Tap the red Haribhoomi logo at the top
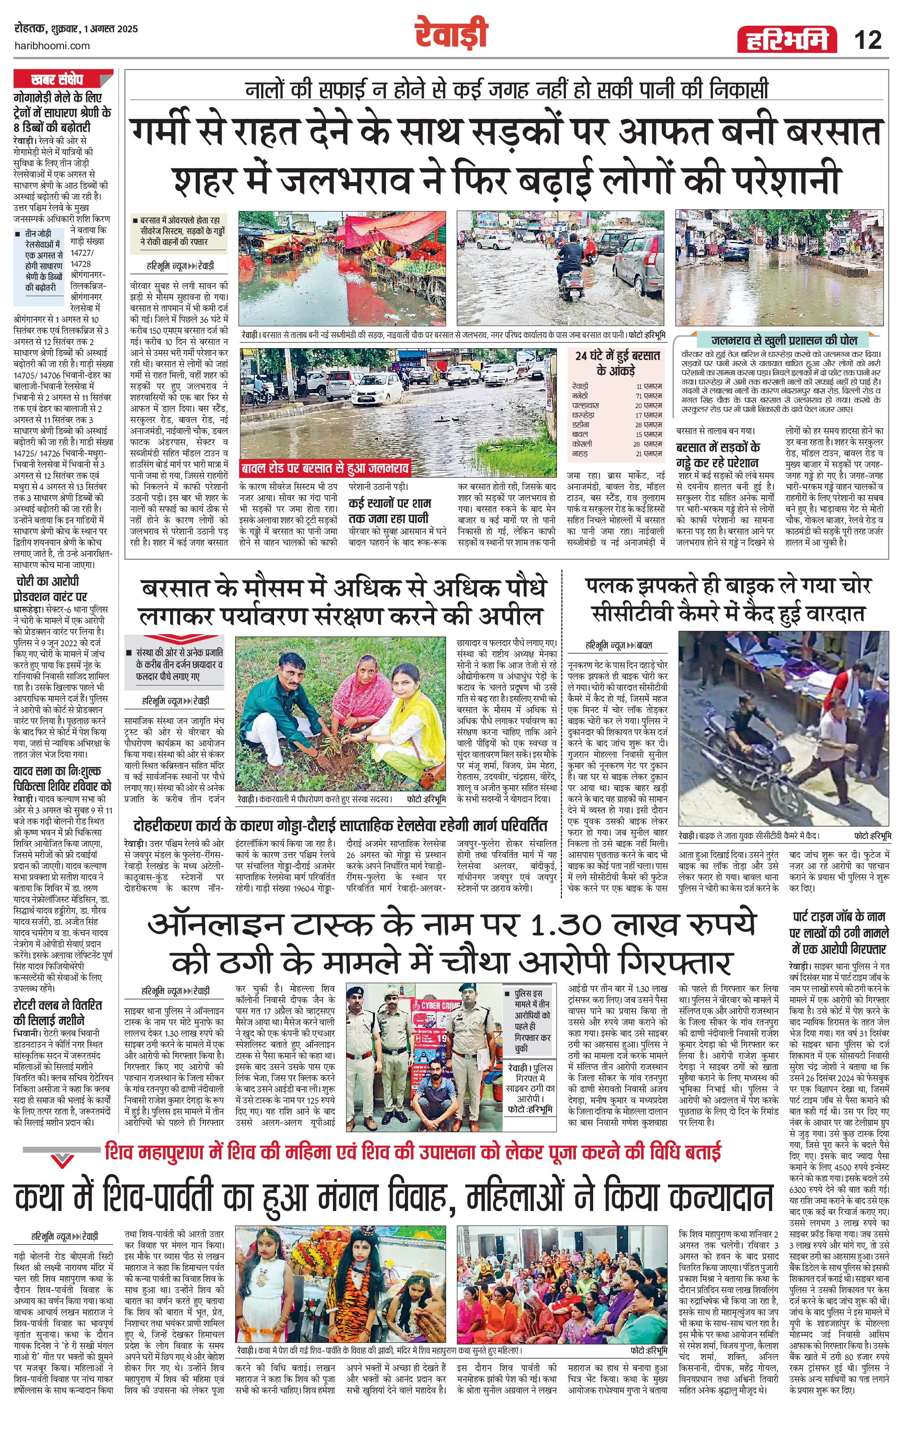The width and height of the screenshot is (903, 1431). [x=784, y=40]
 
